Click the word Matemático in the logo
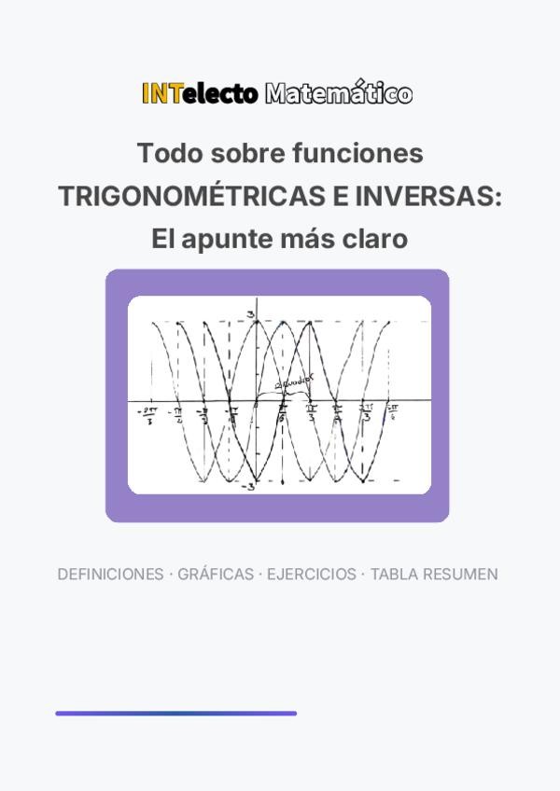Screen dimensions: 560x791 pyautogui.click(x=338, y=93)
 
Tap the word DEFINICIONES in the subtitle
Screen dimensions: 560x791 pyautogui.click(x=110, y=575)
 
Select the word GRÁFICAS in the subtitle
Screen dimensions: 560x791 pyautogui.click(x=217, y=575)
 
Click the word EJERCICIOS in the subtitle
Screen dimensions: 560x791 pyautogui.click(x=312, y=575)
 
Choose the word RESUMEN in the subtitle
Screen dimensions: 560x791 pyautogui.click(x=460, y=575)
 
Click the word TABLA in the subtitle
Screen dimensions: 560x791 pyautogui.click(x=395, y=575)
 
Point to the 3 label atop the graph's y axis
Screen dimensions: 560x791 pyautogui.click(x=250, y=313)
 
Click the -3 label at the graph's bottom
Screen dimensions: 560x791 pyautogui.click(x=248, y=487)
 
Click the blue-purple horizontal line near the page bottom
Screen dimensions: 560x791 pyautogui.click(x=175, y=714)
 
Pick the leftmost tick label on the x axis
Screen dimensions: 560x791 pyautogui.click(x=147, y=413)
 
